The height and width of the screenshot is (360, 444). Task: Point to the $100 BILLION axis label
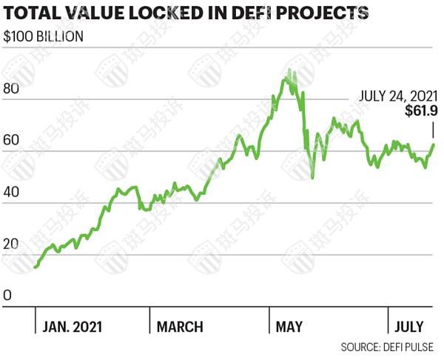[x=44, y=36]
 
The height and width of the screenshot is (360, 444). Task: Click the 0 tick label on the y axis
[x=7, y=296]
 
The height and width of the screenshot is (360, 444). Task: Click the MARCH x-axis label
[x=180, y=327]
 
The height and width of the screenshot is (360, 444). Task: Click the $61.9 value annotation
[x=423, y=111]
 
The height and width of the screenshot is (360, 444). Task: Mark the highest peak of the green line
[x=289, y=70]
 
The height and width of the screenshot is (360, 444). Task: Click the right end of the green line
[x=434, y=144]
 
